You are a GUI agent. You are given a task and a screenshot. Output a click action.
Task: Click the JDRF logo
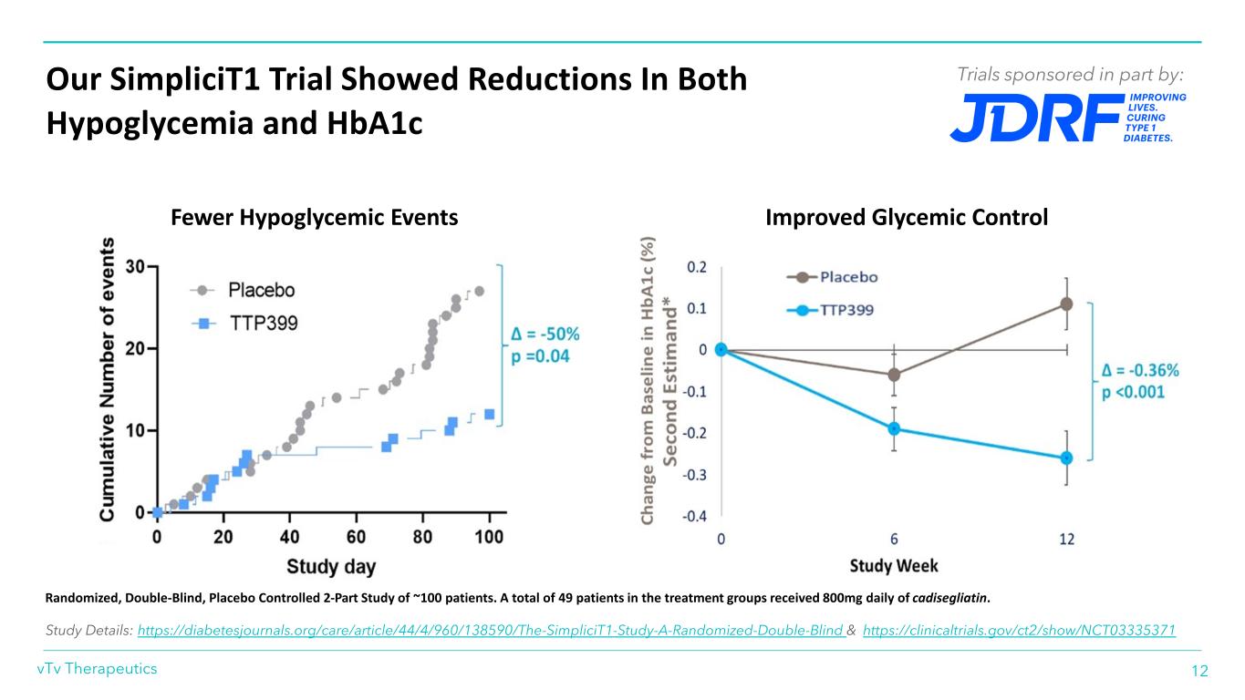pyautogui.click(x=1067, y=118)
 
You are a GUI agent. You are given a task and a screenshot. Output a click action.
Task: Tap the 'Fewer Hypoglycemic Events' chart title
pyautogui.click(x=315, y=218)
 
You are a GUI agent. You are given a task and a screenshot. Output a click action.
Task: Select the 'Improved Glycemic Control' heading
pyautogui.click(x=907, y=218)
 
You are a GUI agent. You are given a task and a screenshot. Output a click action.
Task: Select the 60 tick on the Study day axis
pyautogui.click(x=357, y=537)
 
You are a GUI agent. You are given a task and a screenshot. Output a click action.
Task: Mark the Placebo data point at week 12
pyautogui.click(x=1066, y=304)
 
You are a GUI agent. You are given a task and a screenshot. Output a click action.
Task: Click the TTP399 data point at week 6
pyautogui.click(x=894, y=428)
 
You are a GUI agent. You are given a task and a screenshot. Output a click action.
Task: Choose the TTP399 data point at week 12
pyautogui.click(x=1066, y=458)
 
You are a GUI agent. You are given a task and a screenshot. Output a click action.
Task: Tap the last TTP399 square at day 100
pyautogui.click(x=489, y=414)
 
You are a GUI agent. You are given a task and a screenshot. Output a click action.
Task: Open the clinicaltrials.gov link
pyautogui.click(x=1019, y=630)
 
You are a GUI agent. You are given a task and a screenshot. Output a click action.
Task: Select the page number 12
pyautogui.click(x=1199, y=671)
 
